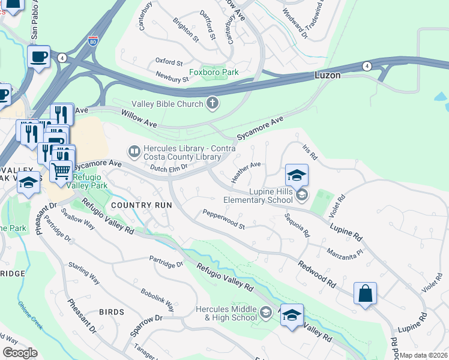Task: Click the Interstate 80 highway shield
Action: (x=92, y=41)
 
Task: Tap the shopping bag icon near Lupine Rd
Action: (x=365, y=294)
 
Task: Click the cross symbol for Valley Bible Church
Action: (x=212, y=104)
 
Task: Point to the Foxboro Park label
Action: (x=214, y=72)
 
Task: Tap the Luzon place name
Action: (x=328, y=76)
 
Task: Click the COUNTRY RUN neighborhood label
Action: (x=141, y=205)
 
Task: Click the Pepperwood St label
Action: (x=224, y=220)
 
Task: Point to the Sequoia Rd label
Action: (x=297, y=224)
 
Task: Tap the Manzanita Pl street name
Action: (x=345, y=252)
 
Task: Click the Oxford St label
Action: (x=169, y=62)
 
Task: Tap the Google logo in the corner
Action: (x=20, y=353)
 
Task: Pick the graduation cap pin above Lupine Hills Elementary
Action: (x=297, y=175)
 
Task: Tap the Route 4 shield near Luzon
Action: (x=366, y=65)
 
